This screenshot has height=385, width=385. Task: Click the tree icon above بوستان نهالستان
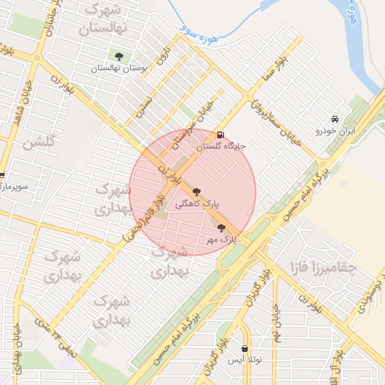[119, 56]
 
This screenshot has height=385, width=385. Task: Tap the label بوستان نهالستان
[118, 68]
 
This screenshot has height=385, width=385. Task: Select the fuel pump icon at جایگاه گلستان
[220, 135]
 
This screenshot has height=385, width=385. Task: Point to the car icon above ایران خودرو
[335, 119]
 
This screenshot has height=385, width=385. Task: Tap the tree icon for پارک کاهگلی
[197, 191]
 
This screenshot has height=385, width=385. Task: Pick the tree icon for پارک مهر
[220, 227]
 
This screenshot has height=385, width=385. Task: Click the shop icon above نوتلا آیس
[245, 349]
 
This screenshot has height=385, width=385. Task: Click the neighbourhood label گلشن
[40, 142]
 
